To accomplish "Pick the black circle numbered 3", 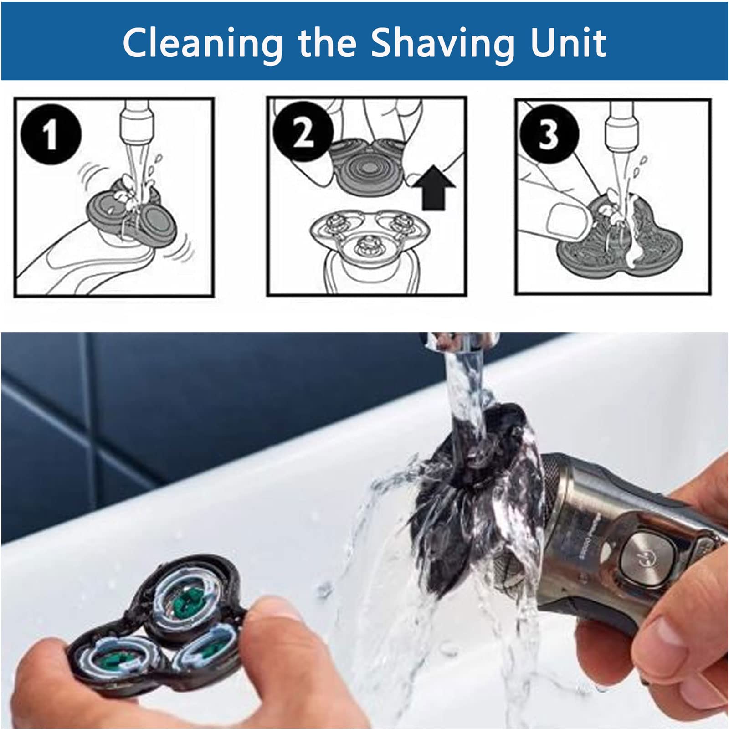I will click(549, 133).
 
